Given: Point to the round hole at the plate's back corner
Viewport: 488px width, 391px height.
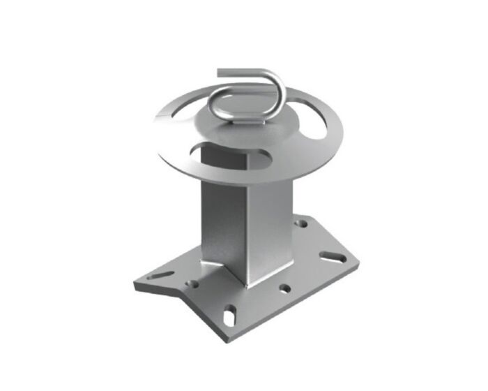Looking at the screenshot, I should (x=302, y=224).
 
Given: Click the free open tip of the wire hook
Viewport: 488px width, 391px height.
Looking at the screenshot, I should (x=220, y=71).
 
